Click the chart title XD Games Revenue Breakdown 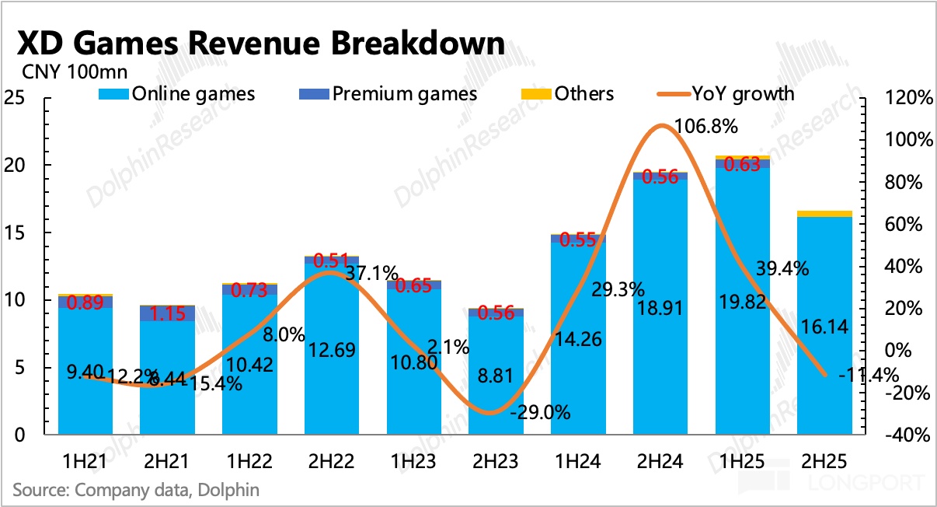260,44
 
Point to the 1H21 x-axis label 85,460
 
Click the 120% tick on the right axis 907,99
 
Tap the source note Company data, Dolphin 136,490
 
